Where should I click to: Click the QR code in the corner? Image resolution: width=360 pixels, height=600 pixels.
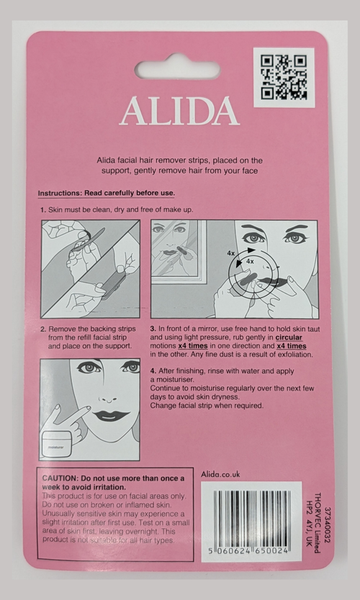[x=284, y=77]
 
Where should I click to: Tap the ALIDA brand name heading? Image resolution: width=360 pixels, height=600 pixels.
[x=179, y=112]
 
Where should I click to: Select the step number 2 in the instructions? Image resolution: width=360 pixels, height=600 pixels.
[x=43, y=327]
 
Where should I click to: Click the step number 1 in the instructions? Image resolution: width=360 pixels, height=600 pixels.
[x=43, y=209]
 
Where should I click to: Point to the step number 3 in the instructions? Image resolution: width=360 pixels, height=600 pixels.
[x=153, y=327]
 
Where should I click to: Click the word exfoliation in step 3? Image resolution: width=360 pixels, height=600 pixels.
[x=290, y=355]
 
